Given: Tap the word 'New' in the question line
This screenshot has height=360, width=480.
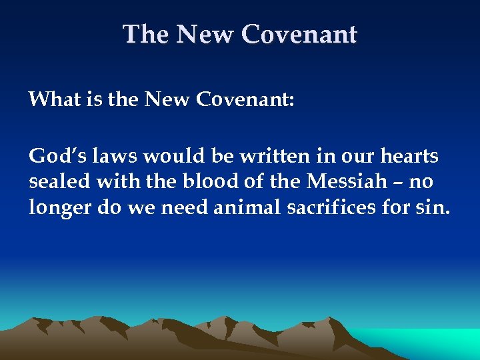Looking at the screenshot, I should [x=167, y=100].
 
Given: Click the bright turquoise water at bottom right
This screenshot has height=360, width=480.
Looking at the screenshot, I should [x=433, y=343].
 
